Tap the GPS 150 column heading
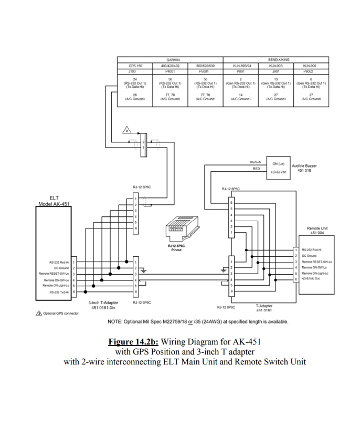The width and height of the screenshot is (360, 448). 135,66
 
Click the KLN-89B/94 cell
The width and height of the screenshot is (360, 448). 242,66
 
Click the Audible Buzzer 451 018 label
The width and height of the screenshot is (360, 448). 304,168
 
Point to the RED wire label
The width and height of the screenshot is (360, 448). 256,169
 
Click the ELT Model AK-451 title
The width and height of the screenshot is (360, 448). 54,201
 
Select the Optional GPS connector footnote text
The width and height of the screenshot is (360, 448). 60,313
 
